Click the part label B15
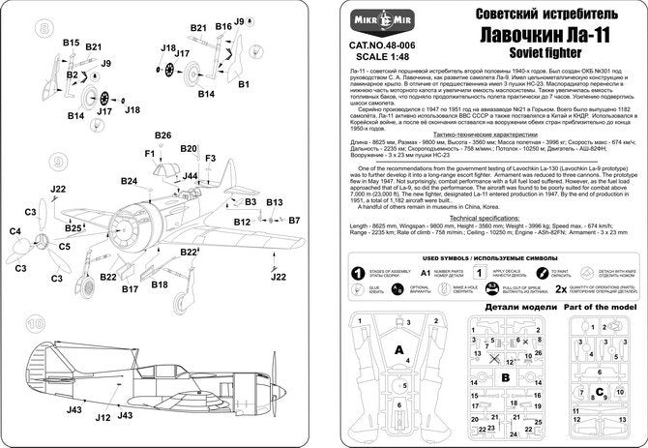click(71, 43)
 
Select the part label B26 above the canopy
click(162, 135)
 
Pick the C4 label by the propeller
click(15, 231)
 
